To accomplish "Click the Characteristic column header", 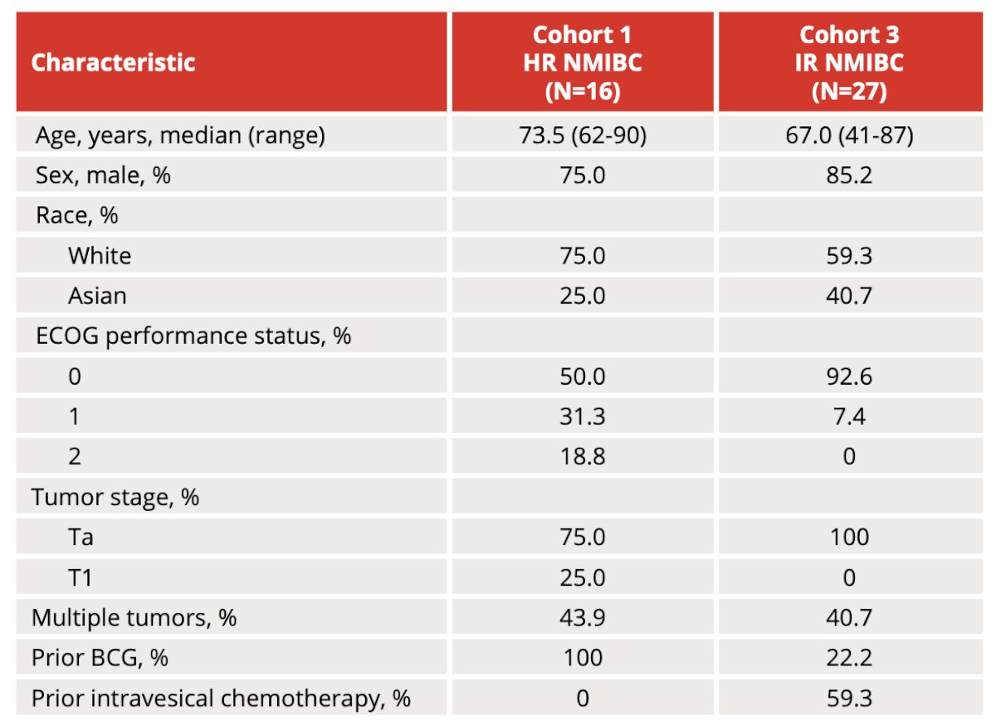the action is pyautogui.click(x=113, y=62).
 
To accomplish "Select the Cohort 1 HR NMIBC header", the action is pyautogui.click(x=583, y=62).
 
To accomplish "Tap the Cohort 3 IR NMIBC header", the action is pyautogui.click(x=849, y=62).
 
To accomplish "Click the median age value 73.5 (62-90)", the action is pyautogui.click(x=583, y=135).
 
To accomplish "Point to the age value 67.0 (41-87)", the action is pyautogui.click(x=849, y=135).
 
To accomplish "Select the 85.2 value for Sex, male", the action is pyautogui.click(x=849, y=175).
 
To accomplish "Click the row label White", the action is pyautogui.click(x=100, y=256).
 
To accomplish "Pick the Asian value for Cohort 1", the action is pyautogui.click(x=583, y=296).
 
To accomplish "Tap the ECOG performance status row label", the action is pyautogui.click(x=193, y=336).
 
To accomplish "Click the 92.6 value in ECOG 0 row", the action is pyautogui.click(x=849, y=376).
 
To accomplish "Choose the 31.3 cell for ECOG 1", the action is pyautogui.click(x=583, y=416).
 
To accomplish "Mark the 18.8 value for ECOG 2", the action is pyautogui.click(x=583, y=456).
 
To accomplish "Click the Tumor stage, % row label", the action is pyautogui.click(x=115, y=497).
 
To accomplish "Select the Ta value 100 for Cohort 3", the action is pyautogui.click(x=849, y=537).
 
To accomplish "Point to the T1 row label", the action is pyautogui.click(x=80, y=577).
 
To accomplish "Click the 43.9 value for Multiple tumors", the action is pyautogui.click(x=583, y=617).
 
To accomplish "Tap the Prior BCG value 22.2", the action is pyautogui.click(x=849, y=657).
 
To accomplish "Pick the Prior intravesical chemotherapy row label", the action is pyautogui.click(x=221, y=698).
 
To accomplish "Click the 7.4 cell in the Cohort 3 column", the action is pyautogui.click(x=849, y=416).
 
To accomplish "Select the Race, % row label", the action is pyautogui.click(x=77, y=215).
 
